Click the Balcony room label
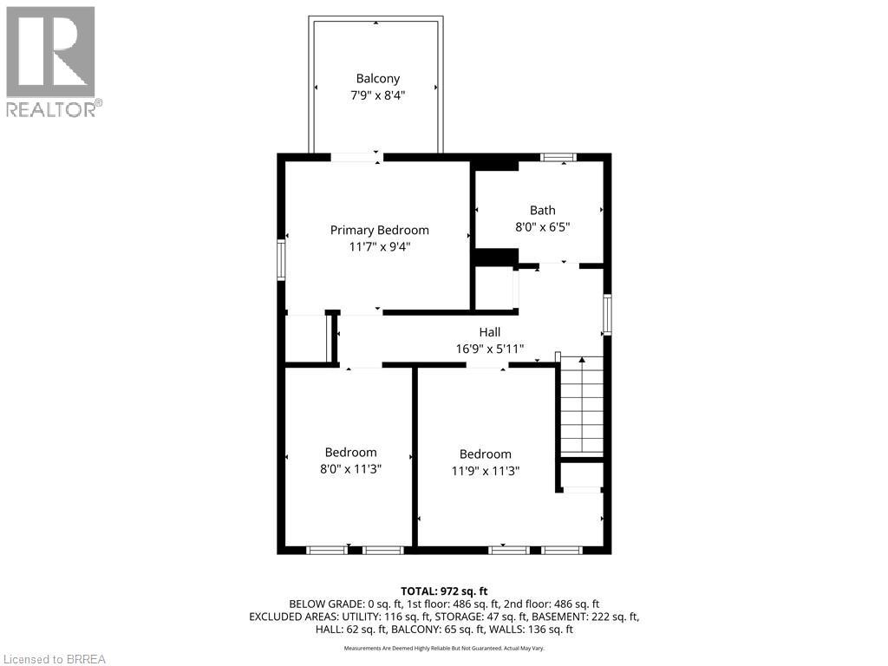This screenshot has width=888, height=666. pos(377,78)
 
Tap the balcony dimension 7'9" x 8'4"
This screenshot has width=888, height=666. pos(377,95)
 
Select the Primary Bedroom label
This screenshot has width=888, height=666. pos(379,230)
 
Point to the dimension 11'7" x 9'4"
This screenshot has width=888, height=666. pos(379,246)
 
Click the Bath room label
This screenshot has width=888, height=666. pos(543,210)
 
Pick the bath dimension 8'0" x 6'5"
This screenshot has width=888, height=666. pos(543,226)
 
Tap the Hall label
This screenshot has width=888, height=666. pos(490,332)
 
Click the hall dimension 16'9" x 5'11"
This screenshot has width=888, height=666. pos(490,349)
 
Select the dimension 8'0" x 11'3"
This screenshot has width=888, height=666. pos(351,468)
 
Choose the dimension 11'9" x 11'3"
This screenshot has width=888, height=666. pos(485,470)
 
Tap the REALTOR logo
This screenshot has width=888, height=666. pos(51,61)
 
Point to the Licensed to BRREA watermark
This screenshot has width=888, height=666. pos(54,659)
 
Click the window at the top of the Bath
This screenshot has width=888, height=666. pos(558,157)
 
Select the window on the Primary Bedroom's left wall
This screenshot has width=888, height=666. pos(281,259)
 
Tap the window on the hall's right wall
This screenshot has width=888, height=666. pos(608,315)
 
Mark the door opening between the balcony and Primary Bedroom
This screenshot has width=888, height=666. pos(356,157)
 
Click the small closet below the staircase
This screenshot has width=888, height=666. pos(581,476)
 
